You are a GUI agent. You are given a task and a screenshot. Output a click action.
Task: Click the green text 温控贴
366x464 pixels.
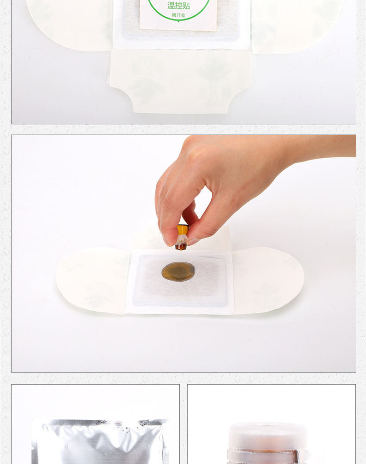[178, 6]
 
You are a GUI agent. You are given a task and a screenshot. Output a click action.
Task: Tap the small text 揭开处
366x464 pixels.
[178, 15]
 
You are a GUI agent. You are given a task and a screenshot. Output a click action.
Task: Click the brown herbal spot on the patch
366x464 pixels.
[178, 271]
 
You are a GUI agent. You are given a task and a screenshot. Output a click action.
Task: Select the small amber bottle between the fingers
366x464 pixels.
[182, 237]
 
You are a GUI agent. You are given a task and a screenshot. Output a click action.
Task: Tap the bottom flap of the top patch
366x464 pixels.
[181, 81]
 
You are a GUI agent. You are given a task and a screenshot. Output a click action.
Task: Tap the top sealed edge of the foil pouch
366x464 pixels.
[100, 422]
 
